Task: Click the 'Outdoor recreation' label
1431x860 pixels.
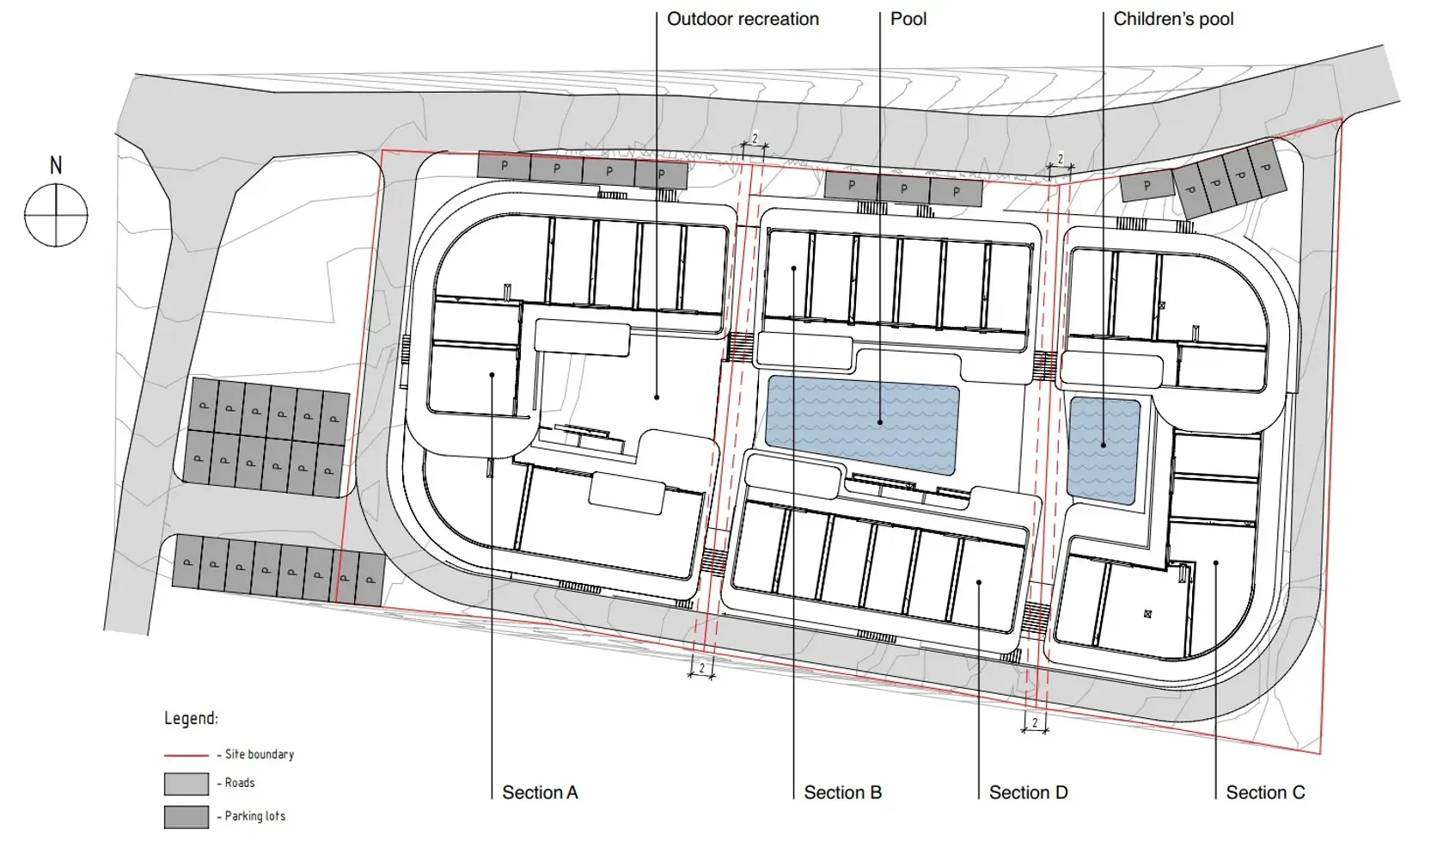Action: tap(743, 19)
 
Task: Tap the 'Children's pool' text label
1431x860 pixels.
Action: tap(1173, 19)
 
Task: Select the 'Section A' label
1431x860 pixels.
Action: tap(540, 793)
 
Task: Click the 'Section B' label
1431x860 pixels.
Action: tap(842, 793)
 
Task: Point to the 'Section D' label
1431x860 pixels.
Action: tap(1029, 793)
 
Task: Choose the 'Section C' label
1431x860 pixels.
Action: tap(1265, 793)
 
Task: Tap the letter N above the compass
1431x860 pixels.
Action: tap(56, 166)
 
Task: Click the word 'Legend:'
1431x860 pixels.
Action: tap(191, 719)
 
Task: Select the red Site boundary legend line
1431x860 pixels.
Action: tap(187, 755)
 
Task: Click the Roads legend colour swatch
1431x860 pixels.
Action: tap(187, 784)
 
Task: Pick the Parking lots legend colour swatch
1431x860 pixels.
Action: tap(187, 817)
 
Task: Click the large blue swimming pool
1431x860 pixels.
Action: tap(862, 425)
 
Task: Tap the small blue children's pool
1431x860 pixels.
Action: tap(1104, 451)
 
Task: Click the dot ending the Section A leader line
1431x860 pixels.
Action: tap(492, 375)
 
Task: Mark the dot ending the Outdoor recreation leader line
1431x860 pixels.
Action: tap(657, 397)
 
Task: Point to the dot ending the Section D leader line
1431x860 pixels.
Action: tap(979, 582)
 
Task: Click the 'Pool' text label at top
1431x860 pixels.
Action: tap(908, 19)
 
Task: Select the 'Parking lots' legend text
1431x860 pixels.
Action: tap(255, 816)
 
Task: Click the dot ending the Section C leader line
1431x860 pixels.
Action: tap(1216, 562)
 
